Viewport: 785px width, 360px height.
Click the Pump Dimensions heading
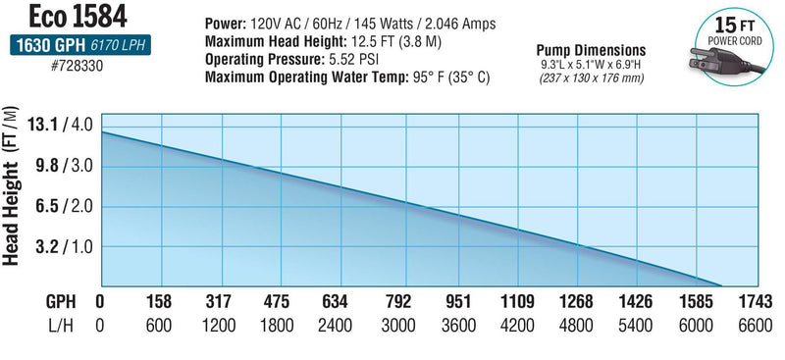[590, 50]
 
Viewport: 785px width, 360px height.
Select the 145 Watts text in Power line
[383, 24]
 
